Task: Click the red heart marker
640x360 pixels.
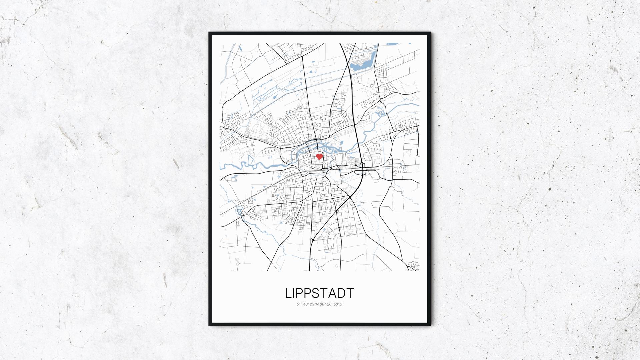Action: click(x=319, y=157)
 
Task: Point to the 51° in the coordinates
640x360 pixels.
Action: click(x=299, y=304)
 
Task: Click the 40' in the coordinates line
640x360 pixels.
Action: click(x=306, y=304)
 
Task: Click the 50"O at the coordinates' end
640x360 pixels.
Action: click(x=338, y=304)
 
